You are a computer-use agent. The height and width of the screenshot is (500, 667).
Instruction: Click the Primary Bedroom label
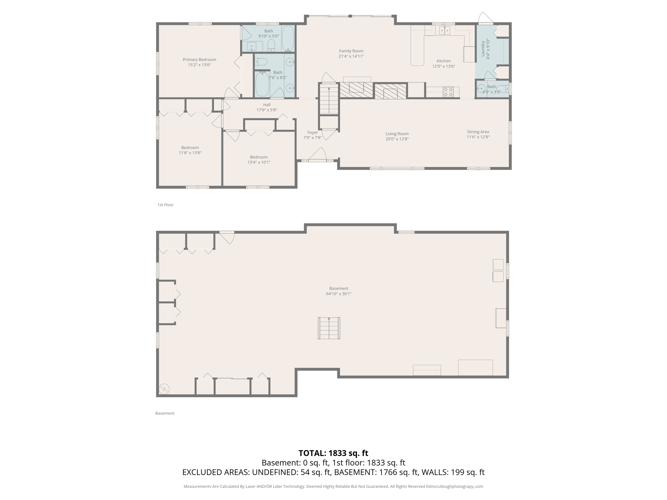[199, 60]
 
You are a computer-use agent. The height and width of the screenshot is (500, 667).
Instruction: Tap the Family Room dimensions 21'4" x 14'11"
[351, 56]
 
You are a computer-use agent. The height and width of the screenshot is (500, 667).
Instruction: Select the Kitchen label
[444, 61]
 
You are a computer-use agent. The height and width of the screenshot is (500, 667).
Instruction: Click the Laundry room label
[483, 49]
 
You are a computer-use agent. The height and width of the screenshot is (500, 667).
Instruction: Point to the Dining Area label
[478, 132]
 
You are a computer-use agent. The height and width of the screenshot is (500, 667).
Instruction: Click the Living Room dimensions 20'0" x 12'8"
[397, 139]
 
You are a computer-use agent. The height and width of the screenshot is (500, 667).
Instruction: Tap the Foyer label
[312, 132]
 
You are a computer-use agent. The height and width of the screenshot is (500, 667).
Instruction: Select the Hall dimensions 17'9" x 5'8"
[267, 110]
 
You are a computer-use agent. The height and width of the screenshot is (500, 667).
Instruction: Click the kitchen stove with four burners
[448, 92]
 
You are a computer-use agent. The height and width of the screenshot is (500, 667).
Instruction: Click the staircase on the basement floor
[329, 328]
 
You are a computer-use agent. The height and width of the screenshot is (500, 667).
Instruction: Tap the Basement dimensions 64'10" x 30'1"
[339, 294]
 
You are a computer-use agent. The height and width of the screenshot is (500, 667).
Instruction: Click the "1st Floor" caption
[165, 205]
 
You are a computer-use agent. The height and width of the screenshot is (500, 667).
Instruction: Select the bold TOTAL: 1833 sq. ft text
[333, 453]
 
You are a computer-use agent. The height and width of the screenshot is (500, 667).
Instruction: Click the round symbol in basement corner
[164, 389]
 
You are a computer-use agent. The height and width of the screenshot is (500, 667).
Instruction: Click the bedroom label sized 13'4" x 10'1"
[259, 157]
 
